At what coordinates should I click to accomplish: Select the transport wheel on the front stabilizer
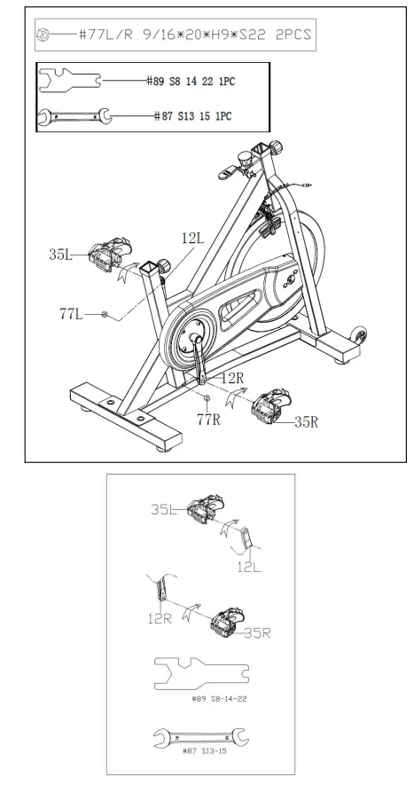[359, 335]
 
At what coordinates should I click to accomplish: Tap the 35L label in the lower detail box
[165, 509]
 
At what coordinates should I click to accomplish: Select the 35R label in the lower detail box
[256, 632]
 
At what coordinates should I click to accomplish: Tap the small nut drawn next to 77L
[105, 314]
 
